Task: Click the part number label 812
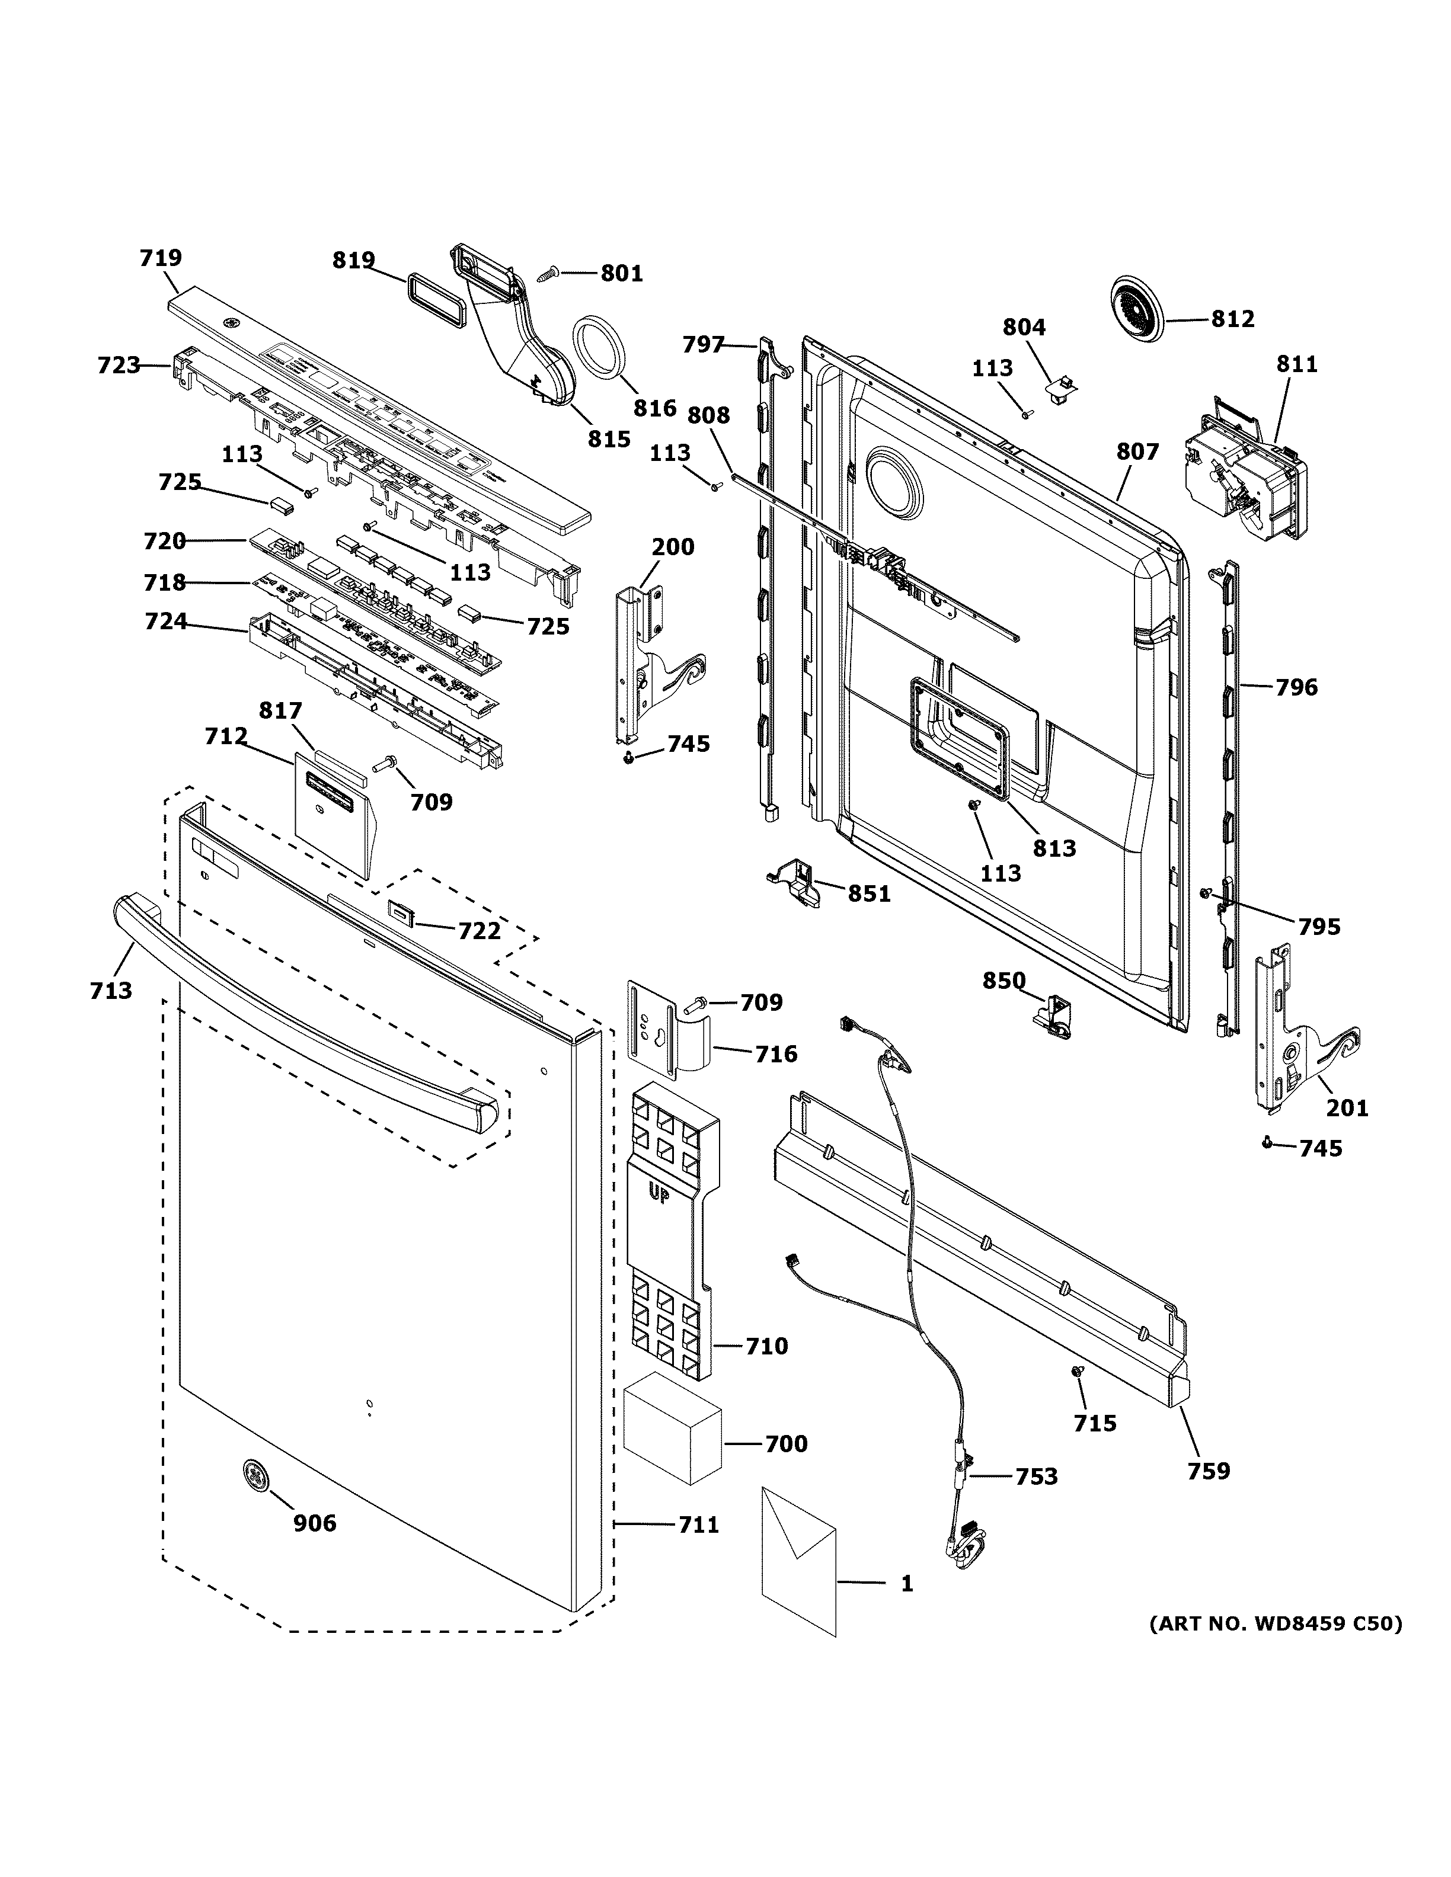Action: (1233, 319)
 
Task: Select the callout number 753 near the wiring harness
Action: (1036, 1476)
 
